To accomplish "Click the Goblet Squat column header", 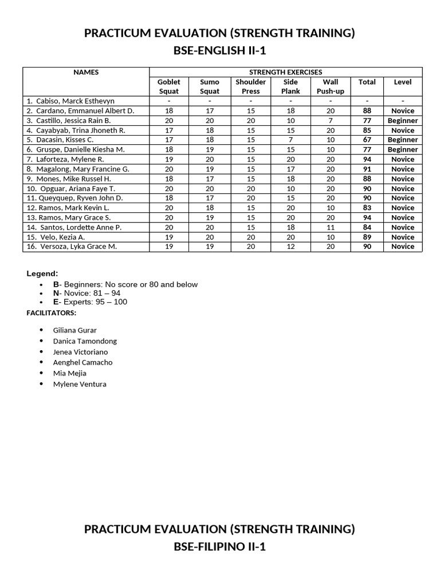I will point(168,86).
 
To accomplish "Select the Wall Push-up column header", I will point(331,86).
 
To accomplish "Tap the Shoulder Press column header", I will point(250,86).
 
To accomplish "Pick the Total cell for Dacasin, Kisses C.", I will point(367,140).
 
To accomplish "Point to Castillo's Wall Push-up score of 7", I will point(331,121).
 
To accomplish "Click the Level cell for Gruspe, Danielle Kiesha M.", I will point(403,149).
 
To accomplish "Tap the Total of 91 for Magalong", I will point(367,169).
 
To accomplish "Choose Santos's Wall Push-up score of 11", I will point(331,227).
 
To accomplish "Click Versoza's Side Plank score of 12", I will point(290,247).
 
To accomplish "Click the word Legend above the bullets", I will point(42,274).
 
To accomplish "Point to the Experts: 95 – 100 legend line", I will point(90,302).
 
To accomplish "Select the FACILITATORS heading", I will point(52,313).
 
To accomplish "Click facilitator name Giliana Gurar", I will point(74,330).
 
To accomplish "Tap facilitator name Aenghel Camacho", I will point(82,362).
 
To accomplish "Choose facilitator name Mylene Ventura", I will point(80,384).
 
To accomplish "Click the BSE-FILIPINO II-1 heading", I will point(219,547).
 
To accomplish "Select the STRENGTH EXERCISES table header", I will point(285,72).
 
